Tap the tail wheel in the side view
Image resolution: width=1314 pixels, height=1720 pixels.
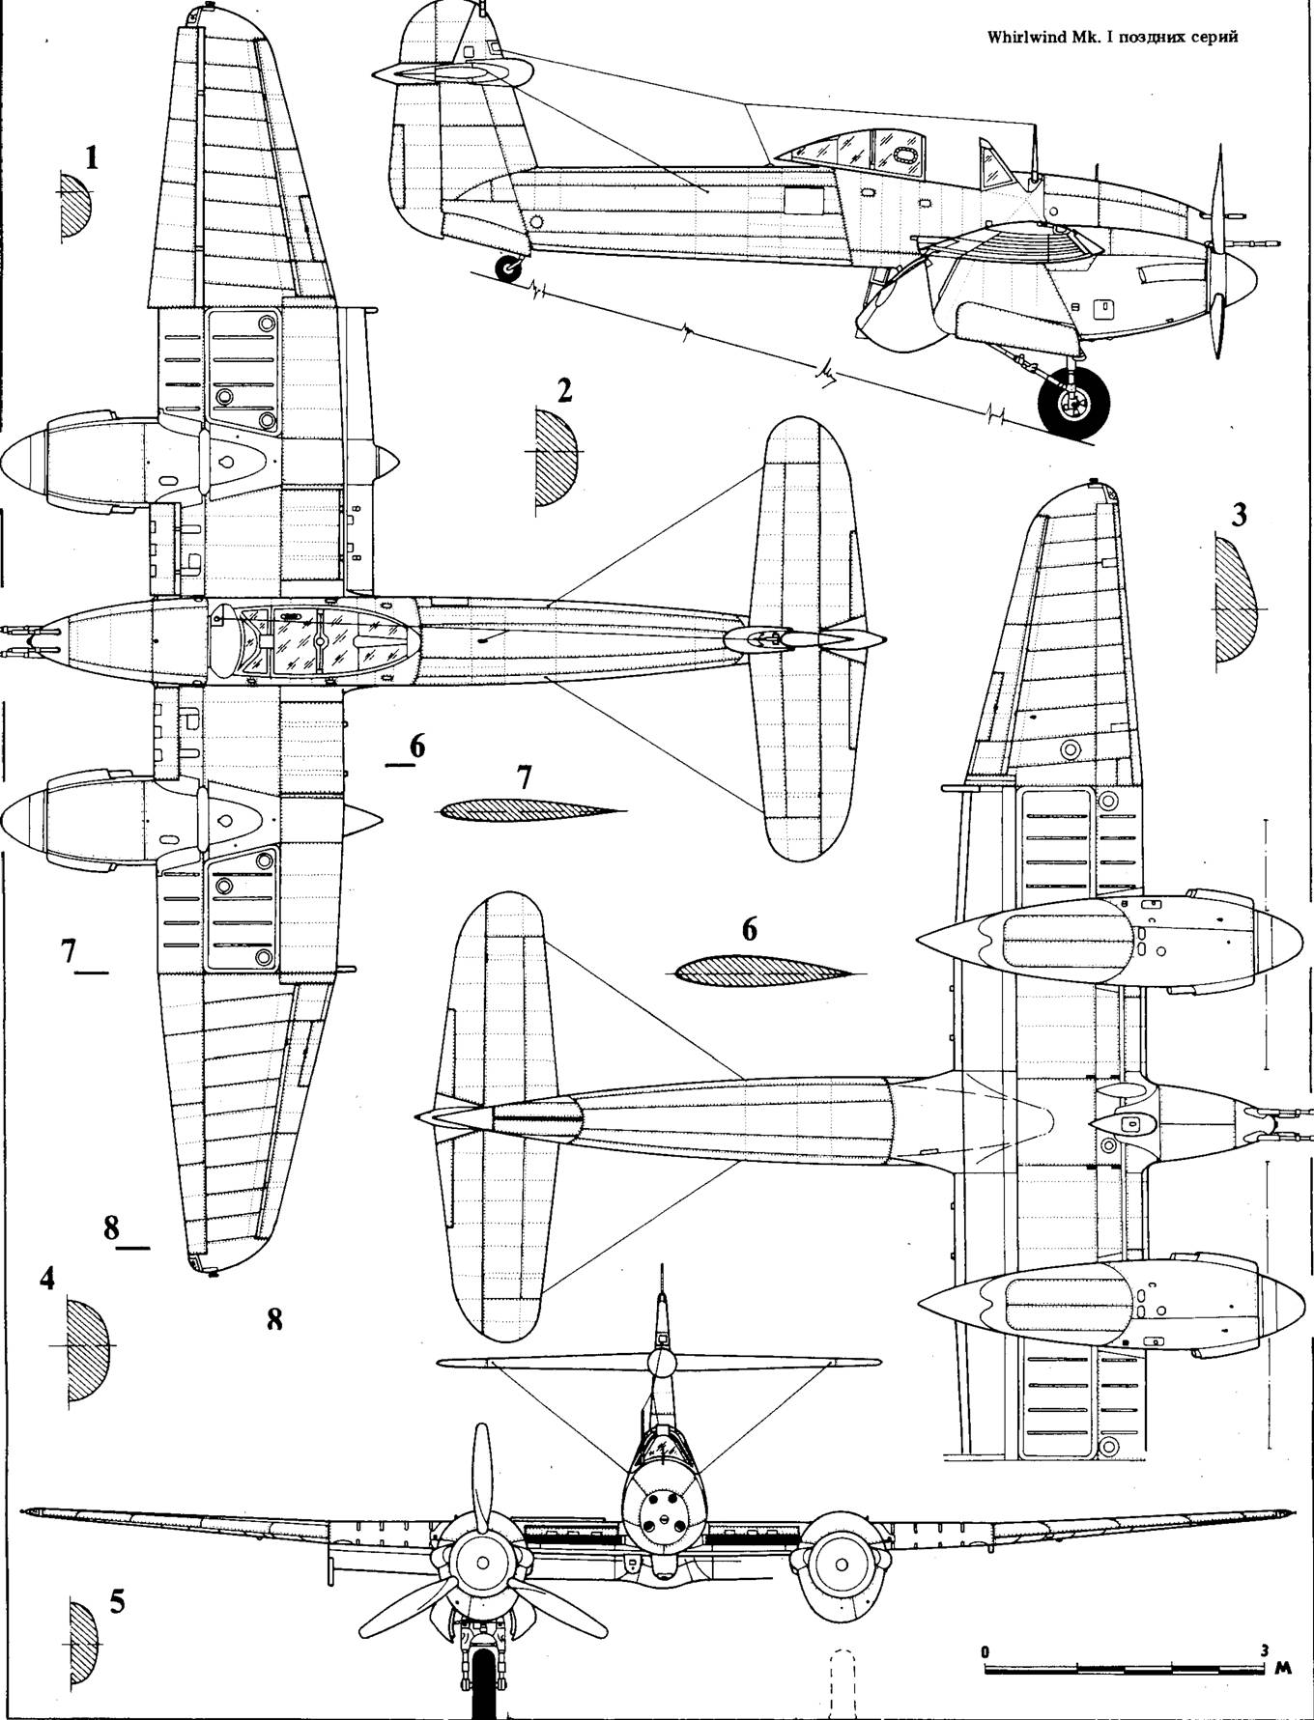point(507,269)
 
